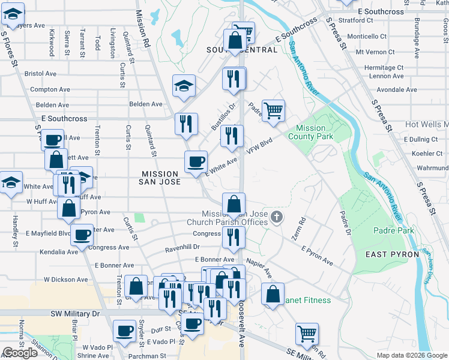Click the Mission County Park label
[x=311, y=132]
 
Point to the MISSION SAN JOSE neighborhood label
[x=160, y=177]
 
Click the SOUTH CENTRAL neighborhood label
[x=242, y=50]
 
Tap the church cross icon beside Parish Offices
[x=276, y=216]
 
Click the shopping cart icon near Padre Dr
[x=273, y=110]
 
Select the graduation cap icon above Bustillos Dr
[x=184, y=86]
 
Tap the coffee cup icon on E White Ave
[x=196, y=162]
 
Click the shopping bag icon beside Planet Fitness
[x=273, y=295]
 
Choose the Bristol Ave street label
[x=40, y=74]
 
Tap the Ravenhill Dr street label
[x=182, y=247]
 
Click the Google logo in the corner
[x=20, y=353]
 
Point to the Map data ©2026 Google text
[x=412, y=355]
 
